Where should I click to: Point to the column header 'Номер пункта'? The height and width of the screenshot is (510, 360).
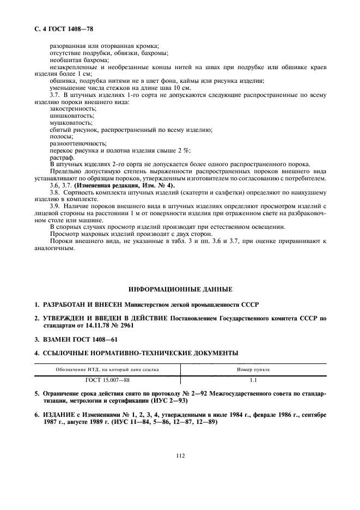[x=253, y=369]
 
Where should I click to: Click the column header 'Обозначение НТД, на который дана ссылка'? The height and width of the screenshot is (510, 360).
[x=107, y=369]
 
